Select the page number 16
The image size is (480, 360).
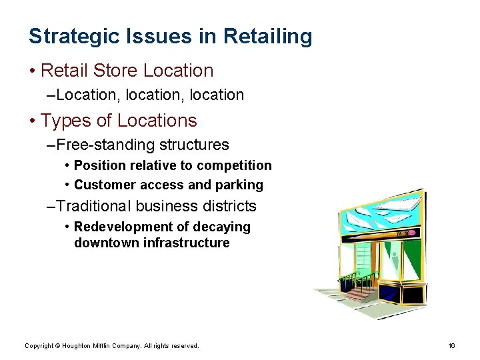(x=451, y=345)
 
